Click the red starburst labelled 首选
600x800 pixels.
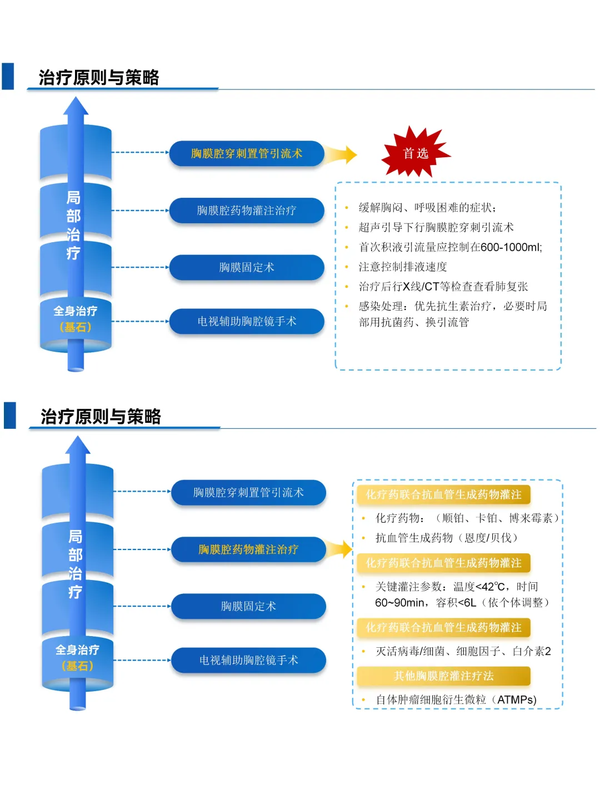point(416,153)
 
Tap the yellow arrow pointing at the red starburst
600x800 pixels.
point(341,154)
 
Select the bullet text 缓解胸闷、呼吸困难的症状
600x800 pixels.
point(427,208)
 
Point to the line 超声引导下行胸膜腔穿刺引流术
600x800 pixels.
point(436,227)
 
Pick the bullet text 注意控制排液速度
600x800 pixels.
point(403,267)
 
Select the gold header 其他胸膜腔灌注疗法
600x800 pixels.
point(443,676)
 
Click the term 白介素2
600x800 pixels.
point(532,651)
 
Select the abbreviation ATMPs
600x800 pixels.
point(516,700)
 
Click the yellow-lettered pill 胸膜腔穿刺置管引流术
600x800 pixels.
point(246,153)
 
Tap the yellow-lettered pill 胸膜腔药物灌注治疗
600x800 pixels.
point(248,549)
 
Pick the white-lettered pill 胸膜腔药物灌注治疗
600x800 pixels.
point(246,211)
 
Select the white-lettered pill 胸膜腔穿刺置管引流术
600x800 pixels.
point(248,493)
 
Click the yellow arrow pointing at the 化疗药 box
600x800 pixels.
point(340,549)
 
